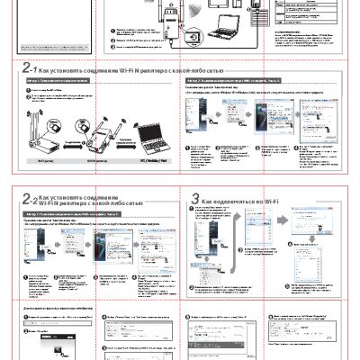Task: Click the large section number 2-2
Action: point(29,199)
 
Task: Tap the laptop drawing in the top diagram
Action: point(219,32)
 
